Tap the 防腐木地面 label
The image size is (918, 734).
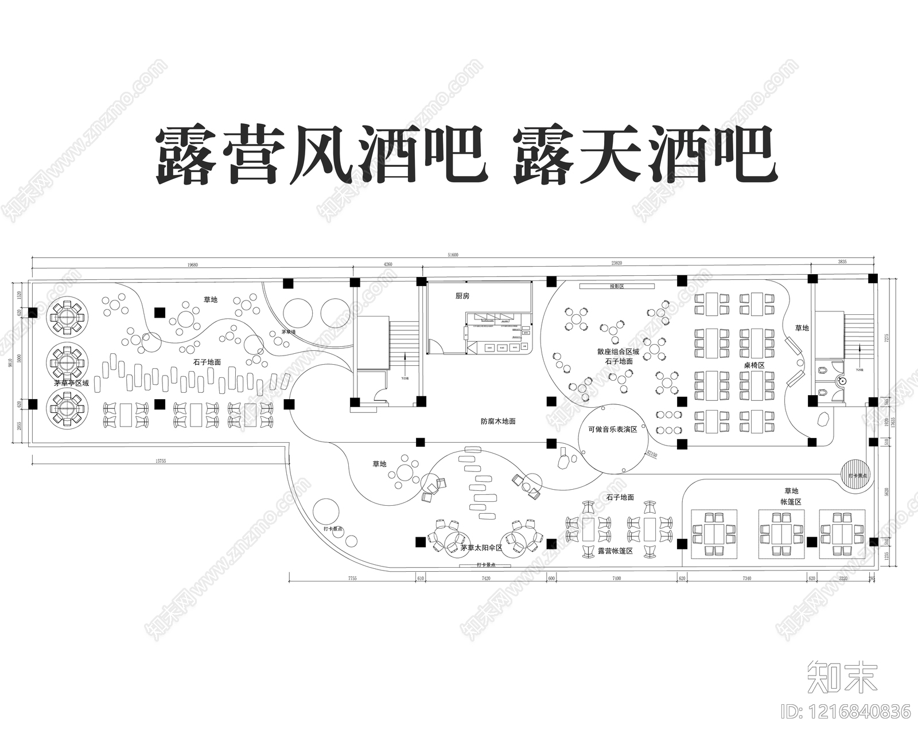click(498, 421)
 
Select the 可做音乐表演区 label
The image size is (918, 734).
click(612, 429)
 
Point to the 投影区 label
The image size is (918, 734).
click(616, 286)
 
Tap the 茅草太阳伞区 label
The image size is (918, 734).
click(481, 548)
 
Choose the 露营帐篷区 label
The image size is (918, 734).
click(615, 550)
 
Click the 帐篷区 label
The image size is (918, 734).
click(791, 501)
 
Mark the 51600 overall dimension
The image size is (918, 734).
click(453, 256)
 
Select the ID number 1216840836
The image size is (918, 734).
click(846, 712)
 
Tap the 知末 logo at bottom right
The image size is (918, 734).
click(842, 677)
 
